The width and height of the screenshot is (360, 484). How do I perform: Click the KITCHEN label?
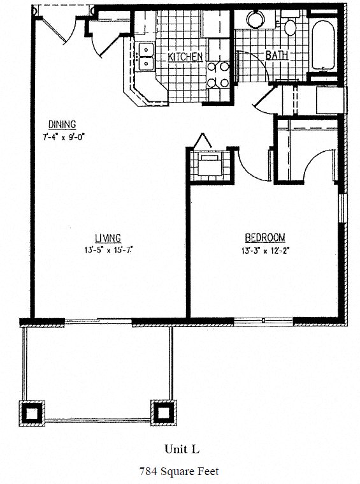[x=185, y=57]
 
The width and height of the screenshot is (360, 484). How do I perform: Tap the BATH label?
[x=277, y=55]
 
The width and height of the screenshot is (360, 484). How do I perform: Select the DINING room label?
[x=62, y=124]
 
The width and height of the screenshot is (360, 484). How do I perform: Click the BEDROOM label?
[x=263, y=237]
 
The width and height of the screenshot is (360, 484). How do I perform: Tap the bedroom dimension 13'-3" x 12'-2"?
[x=263, y=250]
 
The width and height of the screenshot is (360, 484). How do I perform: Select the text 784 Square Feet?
[x=180, y=471]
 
